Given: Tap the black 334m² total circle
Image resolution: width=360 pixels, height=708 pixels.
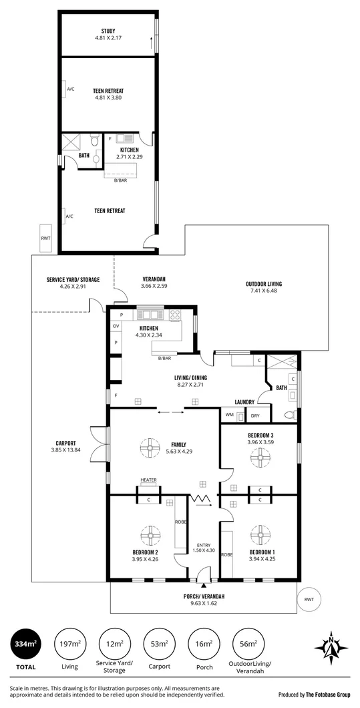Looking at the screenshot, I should (25, 645).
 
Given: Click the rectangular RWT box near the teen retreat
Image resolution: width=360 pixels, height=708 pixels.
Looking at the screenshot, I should (45, 238).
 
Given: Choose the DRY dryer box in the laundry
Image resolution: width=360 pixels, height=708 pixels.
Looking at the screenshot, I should (255, 415).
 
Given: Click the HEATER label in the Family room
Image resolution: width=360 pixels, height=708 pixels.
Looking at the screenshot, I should (148, 480).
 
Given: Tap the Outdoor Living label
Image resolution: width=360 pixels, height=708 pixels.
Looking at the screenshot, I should (263, 287).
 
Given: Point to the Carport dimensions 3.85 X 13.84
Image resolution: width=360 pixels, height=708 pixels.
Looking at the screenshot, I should (65, 450).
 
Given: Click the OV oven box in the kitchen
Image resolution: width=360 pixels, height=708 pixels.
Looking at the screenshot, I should (116, 327).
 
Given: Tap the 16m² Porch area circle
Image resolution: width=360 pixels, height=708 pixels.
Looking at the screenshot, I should (204, 645).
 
